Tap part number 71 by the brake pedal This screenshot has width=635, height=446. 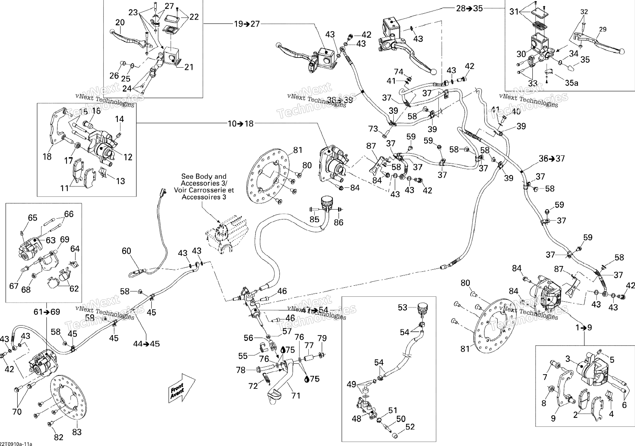[296, 396]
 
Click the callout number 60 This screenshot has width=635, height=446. [126, 251]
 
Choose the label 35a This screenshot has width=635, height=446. [571, 83]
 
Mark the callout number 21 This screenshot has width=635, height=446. [189, 67]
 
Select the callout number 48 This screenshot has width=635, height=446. [356, 419]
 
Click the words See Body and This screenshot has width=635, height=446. [204, 176]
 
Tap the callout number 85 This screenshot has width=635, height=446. [315, 219]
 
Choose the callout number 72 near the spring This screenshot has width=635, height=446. [253, 386]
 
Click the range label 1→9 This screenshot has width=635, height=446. [584, 327]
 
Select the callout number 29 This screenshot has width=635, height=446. [603, 29]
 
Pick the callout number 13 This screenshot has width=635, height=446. [120, 181]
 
